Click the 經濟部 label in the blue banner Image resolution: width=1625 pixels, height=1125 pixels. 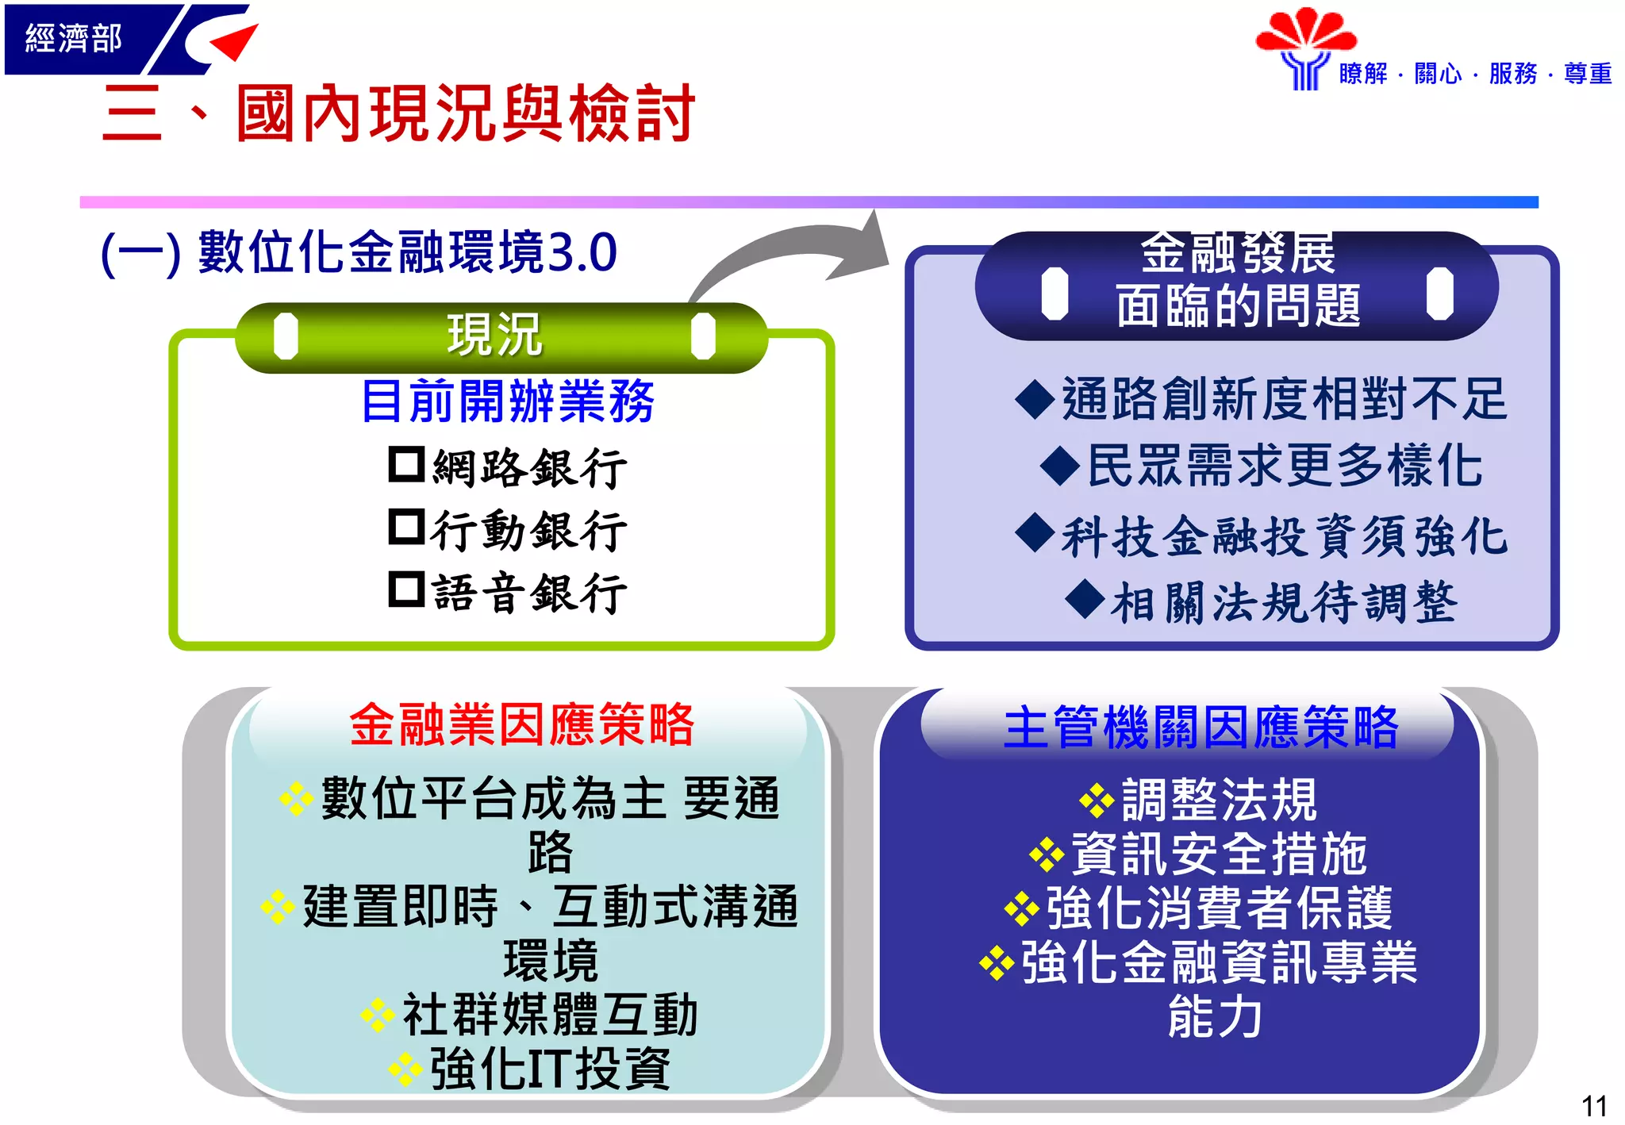73,38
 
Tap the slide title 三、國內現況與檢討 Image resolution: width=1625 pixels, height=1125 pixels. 399,114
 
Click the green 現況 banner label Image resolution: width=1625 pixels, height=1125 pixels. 494,336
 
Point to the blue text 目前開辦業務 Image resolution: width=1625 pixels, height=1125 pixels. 508,401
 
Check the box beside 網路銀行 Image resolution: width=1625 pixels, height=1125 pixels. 406,464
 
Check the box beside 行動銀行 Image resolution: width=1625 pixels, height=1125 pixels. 406,526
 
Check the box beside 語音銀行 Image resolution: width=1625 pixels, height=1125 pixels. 406,589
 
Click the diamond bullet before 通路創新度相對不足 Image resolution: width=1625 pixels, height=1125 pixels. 1035,399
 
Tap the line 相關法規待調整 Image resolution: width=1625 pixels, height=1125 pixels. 1284,603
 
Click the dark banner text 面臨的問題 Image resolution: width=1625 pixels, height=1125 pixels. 1238,306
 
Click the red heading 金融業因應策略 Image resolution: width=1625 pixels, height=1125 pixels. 522,724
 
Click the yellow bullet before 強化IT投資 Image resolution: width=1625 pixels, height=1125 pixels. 405,1069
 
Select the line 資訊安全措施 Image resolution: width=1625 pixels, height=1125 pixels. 1219,854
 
